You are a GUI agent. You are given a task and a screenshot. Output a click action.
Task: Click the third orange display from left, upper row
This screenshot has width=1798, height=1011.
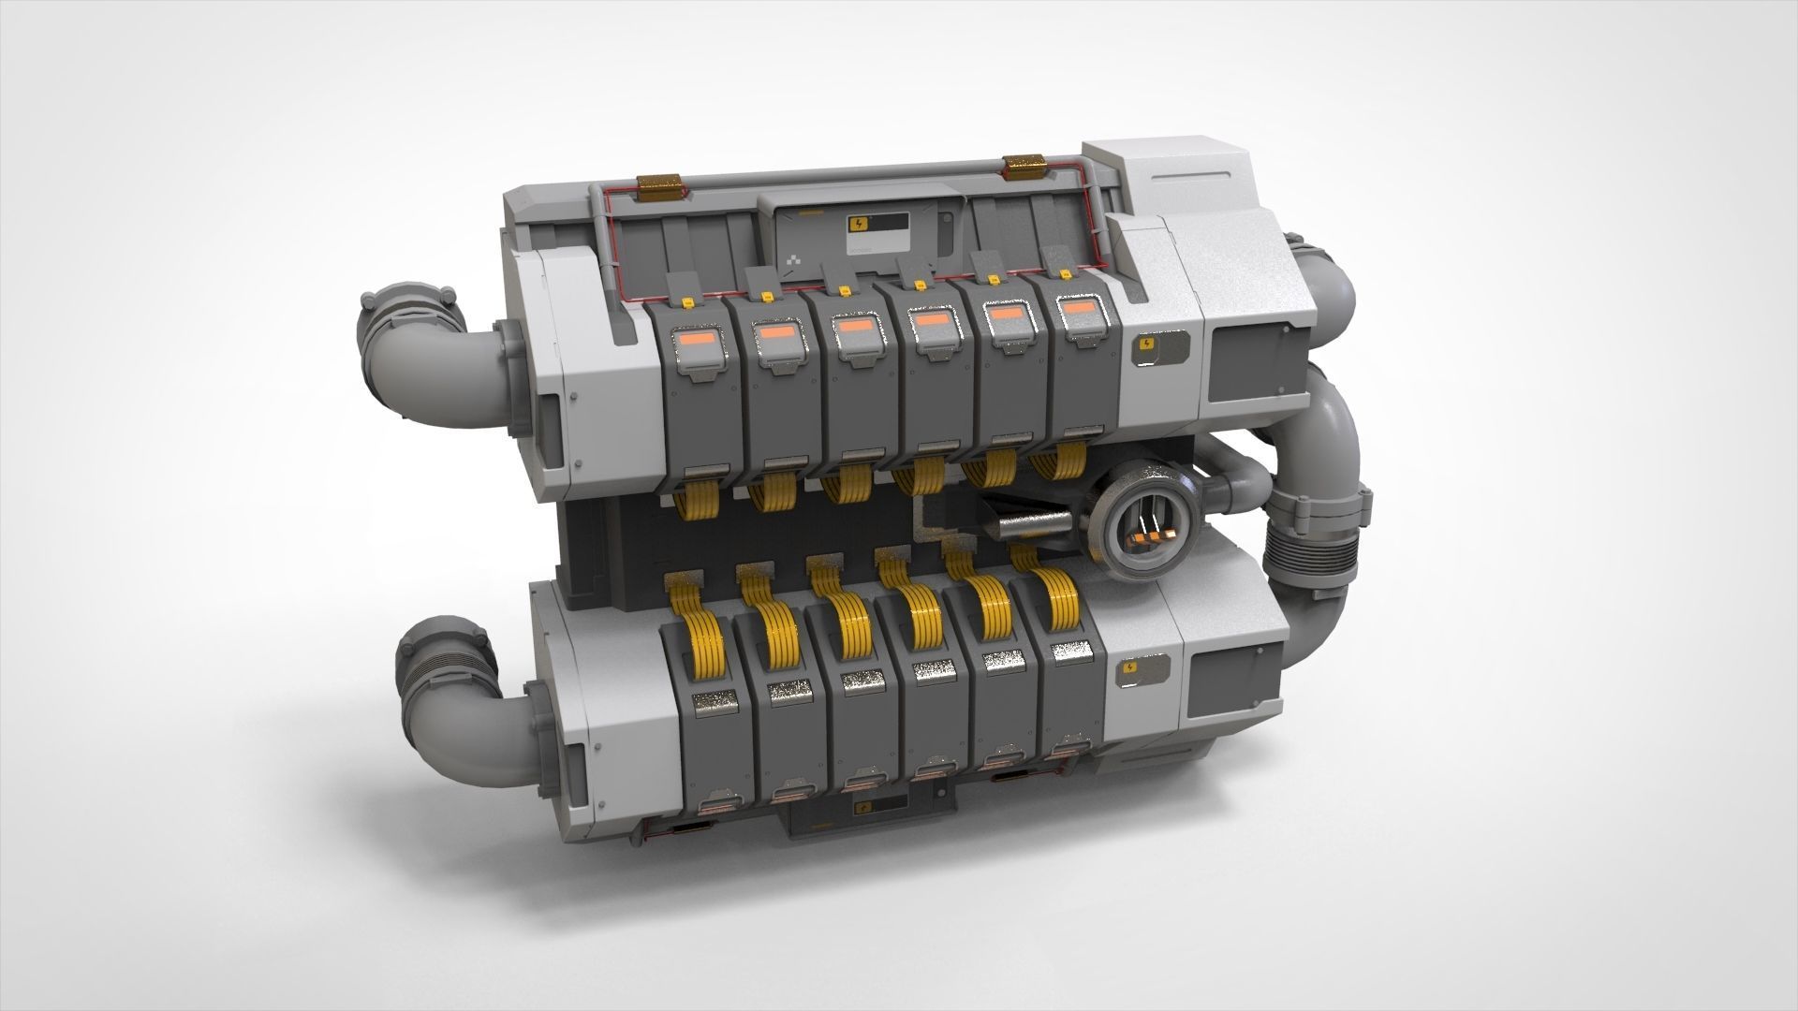[x=852, y=327]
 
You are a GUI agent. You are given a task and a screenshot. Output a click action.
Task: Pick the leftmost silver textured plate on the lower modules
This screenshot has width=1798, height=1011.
[x=713, y=703]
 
